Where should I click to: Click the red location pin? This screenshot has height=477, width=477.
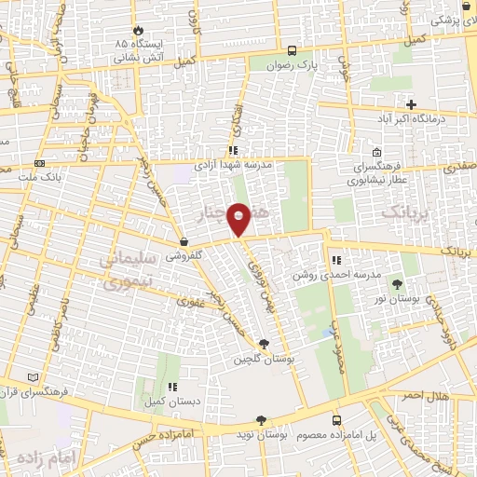pos(239,219)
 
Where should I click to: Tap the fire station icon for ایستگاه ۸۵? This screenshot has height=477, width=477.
pos(139,30)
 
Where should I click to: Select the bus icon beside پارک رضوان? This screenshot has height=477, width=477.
pos(293,51)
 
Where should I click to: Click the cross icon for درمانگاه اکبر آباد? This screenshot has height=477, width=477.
pos(411,103)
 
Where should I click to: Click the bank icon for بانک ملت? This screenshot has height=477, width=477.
pos(39,161)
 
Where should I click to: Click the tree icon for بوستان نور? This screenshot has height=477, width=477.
pos(398,284)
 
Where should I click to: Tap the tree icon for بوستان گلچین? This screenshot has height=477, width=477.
pos(264,344)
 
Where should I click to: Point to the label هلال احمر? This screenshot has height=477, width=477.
pos(451,396)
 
